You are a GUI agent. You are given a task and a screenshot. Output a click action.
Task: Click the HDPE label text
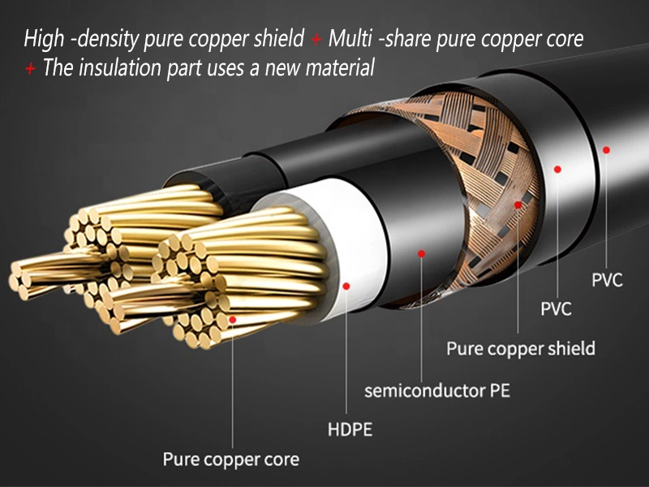tap(350, 429)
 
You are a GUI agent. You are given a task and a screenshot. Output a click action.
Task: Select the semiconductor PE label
tap(436, 390)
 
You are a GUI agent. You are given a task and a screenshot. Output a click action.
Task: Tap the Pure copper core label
tap(231, 459)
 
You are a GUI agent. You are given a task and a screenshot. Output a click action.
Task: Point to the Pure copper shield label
tap(520, 349)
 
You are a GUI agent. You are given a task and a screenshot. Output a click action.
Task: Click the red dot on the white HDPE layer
tap(347, 286)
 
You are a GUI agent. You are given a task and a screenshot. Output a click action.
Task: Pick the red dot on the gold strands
tap(233, 320)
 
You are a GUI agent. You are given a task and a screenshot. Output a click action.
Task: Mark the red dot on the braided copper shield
tap(518, 205)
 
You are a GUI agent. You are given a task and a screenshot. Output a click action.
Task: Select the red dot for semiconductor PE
tap(421, 253)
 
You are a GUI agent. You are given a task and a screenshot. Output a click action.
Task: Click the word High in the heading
tap(42, 38)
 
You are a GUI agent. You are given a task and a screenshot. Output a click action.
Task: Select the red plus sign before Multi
tap(316, 38)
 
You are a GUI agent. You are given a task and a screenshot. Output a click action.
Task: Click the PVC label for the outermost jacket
tap(607, 281)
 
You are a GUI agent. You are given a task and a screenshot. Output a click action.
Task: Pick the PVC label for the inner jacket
tap(556, 308)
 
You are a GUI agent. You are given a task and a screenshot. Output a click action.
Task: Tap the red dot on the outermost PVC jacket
tap(606, 149)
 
